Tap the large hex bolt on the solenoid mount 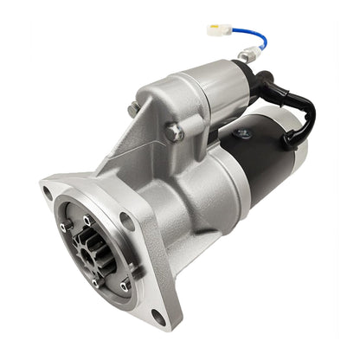coord(174,132)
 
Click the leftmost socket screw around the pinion coord(62,227)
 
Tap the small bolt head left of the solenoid coord(133,109)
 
